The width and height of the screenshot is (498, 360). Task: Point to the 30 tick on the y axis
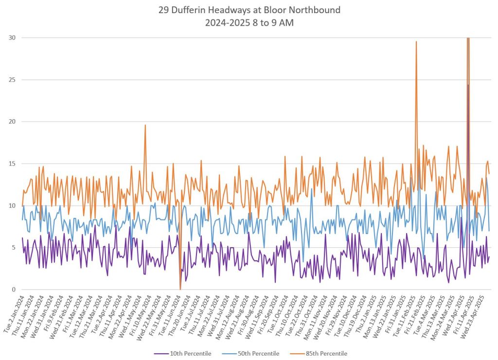tap(11, 38)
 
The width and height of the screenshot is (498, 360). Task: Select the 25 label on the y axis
tap(11, 80)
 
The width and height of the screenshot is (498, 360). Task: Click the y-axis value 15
tap(11, 164)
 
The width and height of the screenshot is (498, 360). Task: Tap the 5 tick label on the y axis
tap(13, 248)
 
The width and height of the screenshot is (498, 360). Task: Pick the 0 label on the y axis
tap(13, 290)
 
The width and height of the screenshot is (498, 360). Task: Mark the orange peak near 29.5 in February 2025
tap(416, 42)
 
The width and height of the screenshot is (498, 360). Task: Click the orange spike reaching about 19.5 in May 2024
tap(145, 126)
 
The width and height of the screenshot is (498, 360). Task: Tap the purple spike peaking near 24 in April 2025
tap(468, 86)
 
